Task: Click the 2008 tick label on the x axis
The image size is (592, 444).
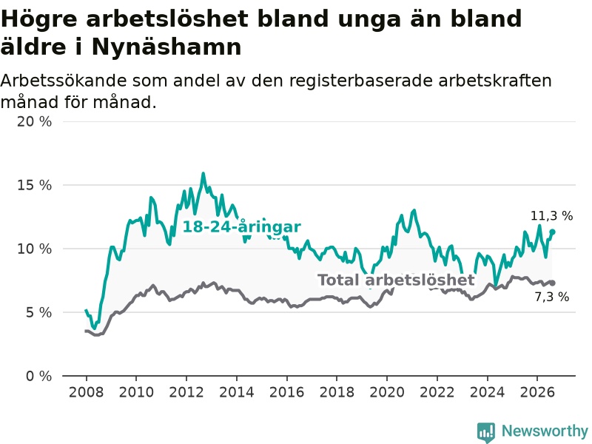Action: click(86, 392)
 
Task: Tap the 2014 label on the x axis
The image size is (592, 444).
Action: click(237, 392)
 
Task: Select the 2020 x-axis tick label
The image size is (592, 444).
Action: click(387, 392)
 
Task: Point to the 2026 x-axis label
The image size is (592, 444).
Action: click(537, 392)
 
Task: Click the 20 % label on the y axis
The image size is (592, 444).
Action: click(34, 121)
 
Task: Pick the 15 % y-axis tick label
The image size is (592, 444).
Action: click(34, 185)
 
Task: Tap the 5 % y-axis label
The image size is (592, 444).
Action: click(39, 312)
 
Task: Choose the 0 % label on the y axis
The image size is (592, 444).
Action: click(39, 376)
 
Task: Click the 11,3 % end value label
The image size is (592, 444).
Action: click(551, 216)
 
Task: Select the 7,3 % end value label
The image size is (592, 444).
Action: click(552, 297)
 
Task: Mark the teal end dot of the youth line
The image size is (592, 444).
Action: click(552, 232)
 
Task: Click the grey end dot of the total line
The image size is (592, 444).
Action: click(552, 283)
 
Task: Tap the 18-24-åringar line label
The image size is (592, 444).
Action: click(242, 227)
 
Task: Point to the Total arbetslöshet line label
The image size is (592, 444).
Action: click(396, 280)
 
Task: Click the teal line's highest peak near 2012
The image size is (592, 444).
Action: click(203, 174)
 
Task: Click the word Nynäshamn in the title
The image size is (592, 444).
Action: click(166, 47)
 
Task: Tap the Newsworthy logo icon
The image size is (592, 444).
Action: click(486, 431)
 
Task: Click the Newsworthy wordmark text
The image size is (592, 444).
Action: click(545, 431)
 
